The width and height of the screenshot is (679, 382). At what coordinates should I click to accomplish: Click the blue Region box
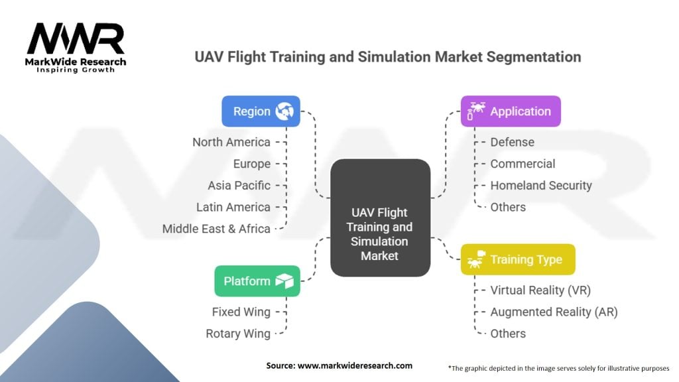(261, 111)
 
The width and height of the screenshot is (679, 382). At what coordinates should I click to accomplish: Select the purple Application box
(511, 111)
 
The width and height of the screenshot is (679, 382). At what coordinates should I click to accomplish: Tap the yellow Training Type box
(518, 259)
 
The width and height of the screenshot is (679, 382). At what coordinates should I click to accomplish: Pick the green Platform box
(257, 281)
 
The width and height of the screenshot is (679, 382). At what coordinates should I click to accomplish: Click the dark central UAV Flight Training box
(380, 218)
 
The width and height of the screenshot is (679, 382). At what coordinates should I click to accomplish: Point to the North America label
(231, 142)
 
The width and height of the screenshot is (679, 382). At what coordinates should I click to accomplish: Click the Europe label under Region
(251, 164)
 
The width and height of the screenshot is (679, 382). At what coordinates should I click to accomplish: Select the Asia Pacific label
(239, 186)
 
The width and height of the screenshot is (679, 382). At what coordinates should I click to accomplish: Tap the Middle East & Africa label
(216, 229)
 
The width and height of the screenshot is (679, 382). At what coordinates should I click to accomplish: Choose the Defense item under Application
(513, 142)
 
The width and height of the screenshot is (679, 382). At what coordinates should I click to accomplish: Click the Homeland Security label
(541, 186)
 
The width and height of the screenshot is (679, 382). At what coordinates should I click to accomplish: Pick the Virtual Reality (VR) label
(540, 290)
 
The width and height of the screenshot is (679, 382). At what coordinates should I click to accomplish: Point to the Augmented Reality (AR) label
(554, 312)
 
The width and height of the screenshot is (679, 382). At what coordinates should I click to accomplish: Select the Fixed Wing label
(241, 312)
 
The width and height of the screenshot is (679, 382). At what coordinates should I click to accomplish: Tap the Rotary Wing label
(238, 334)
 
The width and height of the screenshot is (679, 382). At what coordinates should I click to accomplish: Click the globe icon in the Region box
(284, 111)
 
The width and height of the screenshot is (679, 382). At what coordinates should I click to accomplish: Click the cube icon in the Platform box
(284, 281)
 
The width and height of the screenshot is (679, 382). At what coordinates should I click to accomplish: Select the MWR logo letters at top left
(76, 38)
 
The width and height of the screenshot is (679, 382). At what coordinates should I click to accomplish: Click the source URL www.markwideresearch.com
(355, 365)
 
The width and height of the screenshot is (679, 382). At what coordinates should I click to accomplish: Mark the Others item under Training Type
(508, 334)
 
